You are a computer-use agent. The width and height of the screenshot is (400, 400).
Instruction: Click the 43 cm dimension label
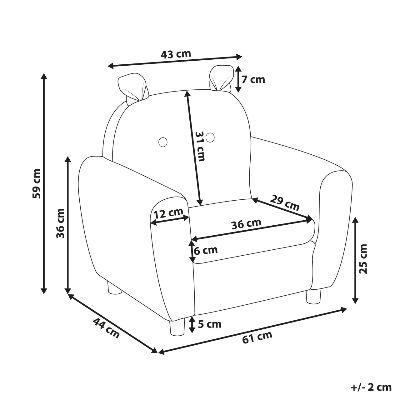[x=176, y=54]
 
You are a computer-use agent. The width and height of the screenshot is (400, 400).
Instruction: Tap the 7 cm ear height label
[x=253, y=79]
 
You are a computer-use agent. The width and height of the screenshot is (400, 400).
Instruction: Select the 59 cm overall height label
[x=37, y=183]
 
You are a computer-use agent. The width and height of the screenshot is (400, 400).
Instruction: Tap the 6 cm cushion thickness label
[x=206, y=250]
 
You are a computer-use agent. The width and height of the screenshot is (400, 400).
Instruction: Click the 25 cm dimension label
[x=363, y=259]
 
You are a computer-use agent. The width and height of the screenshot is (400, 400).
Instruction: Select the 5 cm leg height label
[x=210, y=324]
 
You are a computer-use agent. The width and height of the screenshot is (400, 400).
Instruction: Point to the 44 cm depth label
[x=106, y=328]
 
